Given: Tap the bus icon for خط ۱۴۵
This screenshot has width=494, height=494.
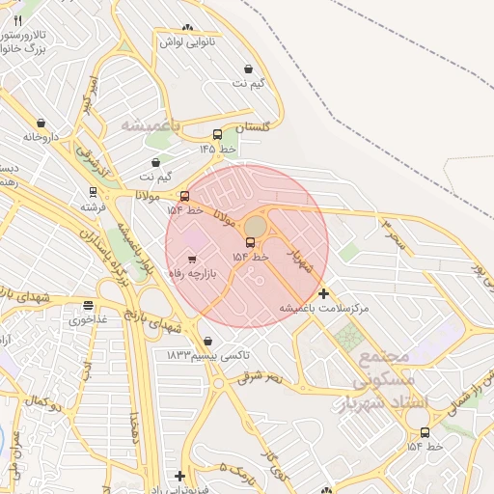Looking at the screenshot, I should tap(217, 135).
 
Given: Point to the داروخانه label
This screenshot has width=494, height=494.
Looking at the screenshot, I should tap(41, 137).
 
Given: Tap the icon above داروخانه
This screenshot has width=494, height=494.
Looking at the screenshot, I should tap(41, 123).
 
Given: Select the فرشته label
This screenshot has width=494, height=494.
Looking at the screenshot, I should tap(94, 206).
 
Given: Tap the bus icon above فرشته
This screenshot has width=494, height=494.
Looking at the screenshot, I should tap(94, 192).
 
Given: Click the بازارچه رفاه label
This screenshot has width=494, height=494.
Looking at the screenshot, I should tap(196, 274).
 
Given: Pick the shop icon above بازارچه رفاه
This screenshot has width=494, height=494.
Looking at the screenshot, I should tap(192, 260).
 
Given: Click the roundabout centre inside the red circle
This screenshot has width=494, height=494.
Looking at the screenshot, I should tap(255, 226).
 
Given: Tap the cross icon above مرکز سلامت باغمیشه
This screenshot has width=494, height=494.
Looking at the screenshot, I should tap(323, 293).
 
